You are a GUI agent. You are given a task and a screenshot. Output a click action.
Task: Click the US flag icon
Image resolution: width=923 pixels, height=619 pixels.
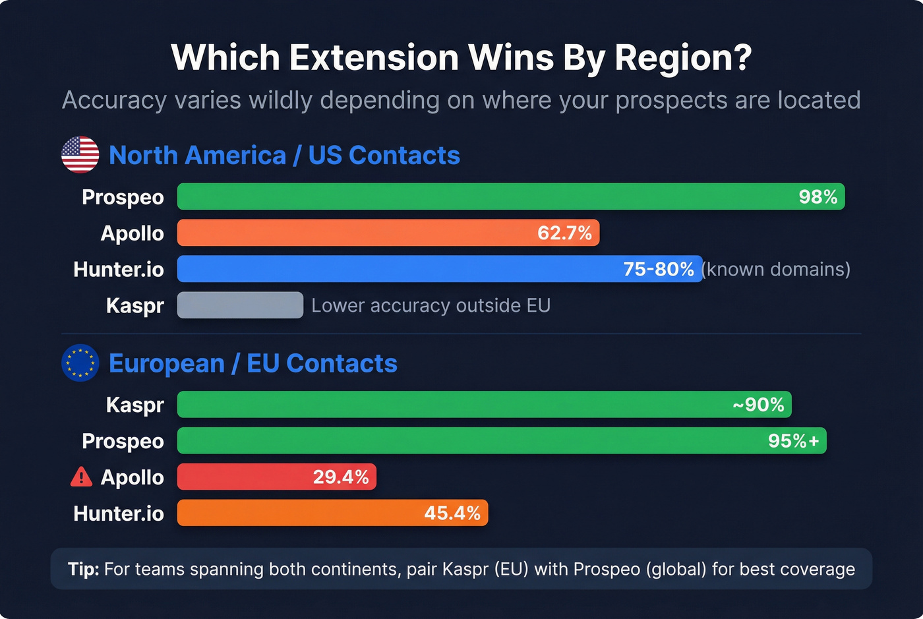(80, 155)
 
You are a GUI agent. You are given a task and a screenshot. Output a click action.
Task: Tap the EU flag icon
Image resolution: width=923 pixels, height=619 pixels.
(80, 363)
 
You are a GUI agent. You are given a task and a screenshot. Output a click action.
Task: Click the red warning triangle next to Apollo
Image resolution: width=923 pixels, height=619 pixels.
(81, 477)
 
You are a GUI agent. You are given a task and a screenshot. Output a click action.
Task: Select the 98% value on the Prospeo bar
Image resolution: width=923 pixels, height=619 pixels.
(818, 197)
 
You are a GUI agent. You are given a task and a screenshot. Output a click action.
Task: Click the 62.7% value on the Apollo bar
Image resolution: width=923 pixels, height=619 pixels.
(564, 233)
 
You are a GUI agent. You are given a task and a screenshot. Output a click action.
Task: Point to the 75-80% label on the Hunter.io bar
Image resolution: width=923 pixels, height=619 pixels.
(658, 270)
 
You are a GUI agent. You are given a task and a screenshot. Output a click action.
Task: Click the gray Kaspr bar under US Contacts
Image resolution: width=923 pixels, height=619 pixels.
(240, 305)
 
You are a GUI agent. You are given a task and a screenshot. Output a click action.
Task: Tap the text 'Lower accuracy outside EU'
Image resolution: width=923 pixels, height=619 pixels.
(431, 306)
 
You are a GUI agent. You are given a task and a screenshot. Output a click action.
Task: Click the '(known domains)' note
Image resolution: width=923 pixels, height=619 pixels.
(776, 270)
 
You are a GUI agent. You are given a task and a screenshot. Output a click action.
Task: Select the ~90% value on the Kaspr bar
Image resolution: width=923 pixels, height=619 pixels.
(758, 405)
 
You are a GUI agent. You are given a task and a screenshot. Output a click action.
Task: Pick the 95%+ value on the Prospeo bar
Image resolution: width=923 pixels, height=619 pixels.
(793, 441)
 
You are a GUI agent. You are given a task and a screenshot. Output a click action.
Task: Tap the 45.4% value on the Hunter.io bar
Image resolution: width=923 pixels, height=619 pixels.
(452, 514)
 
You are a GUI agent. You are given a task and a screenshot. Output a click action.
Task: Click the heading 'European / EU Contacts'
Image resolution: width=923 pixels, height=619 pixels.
(253, 363)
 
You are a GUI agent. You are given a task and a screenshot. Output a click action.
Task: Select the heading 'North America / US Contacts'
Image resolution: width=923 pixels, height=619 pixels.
(284, 156)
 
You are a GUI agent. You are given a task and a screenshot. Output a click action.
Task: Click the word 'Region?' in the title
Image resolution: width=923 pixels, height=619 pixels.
(683, 58)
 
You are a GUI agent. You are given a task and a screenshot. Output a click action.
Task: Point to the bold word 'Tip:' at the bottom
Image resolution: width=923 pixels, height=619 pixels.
(83, 569)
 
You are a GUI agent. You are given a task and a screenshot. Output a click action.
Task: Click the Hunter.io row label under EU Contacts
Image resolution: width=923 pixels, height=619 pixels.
(119, 514)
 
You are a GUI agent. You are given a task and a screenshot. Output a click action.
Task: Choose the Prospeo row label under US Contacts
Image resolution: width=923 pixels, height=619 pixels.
(123, 197)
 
